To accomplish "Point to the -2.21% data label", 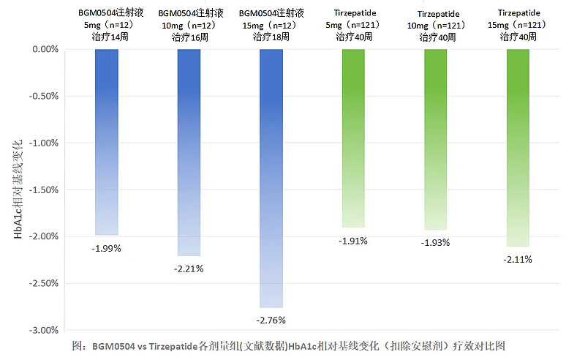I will [189, 269].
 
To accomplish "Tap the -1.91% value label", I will [353, 240].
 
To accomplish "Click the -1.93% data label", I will [436, 242].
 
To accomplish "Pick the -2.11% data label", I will [518, 259].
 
